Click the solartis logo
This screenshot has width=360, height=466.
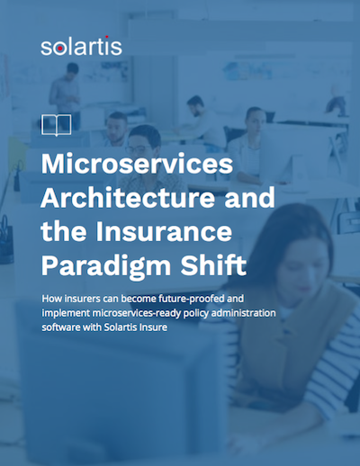coord(81,47)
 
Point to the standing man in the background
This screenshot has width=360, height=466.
coord(65,99)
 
